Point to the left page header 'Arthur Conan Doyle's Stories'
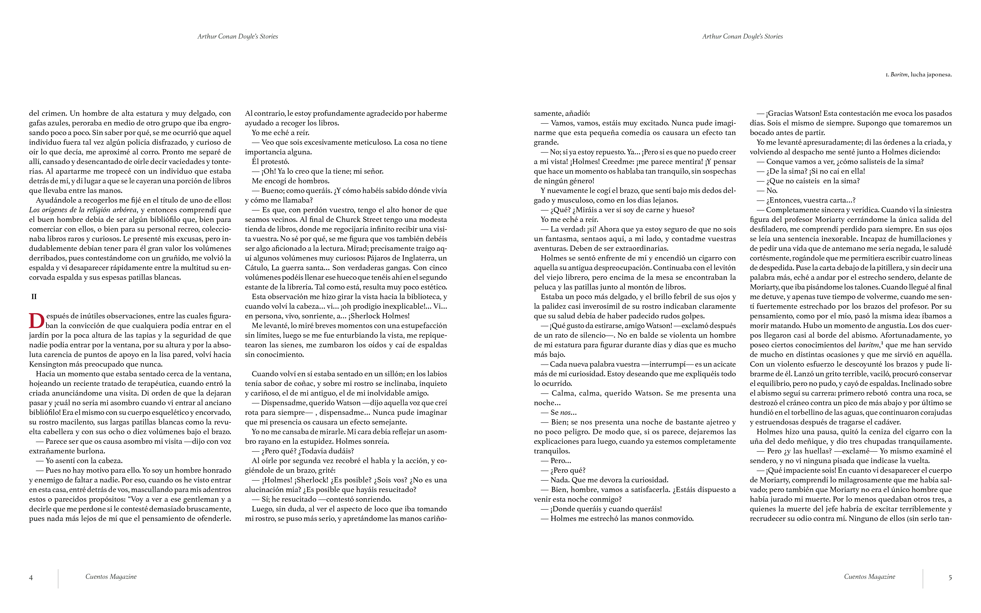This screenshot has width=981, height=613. [238, 36]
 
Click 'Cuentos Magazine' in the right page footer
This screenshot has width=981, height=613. [869, 577]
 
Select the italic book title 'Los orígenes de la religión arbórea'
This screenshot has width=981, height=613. [83, 210]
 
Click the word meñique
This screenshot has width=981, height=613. [806, 441]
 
